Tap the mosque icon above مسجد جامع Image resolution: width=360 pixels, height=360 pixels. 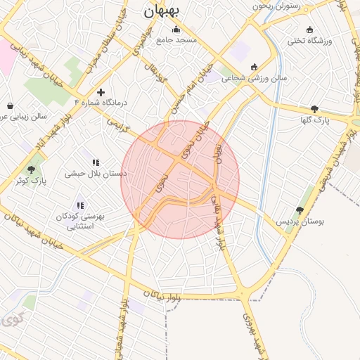tap(176, 30)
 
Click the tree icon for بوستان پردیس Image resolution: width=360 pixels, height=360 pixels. tap(300, 210)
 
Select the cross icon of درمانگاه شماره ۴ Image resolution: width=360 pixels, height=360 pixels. tap(101, 92)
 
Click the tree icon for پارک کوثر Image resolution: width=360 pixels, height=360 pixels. tap(30, 169)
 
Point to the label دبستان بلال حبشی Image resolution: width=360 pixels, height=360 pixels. tap(96, 172)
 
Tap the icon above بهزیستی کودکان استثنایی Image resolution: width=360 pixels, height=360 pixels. tap(81, 205)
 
